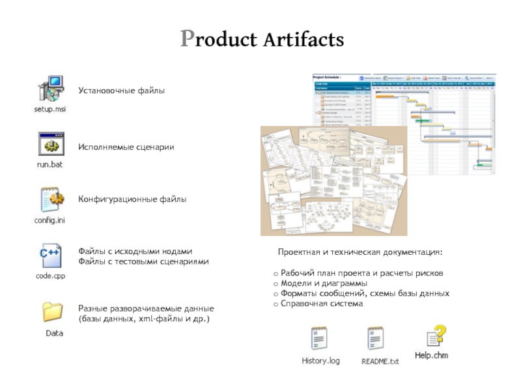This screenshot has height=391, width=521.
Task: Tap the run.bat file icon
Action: point(50,145)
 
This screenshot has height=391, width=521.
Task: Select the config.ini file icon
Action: point(51,200)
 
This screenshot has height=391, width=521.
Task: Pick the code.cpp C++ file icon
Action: point(50,255)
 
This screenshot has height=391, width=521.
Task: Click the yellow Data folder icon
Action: point(53,311)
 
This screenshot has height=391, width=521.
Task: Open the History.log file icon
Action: point(320,340)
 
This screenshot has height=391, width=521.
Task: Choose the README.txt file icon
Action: point(376,340)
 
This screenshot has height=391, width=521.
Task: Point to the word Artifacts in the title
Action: point(303,40)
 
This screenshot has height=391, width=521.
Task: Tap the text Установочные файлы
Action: point(122,90)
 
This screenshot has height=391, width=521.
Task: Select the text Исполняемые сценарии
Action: point(126,147)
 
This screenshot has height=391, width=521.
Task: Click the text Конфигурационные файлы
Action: point(132,199)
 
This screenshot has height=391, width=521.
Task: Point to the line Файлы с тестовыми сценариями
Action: point(143,261)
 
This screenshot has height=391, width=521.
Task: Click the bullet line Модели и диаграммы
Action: point(324,284)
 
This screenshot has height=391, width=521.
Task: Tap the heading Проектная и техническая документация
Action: point(359,252)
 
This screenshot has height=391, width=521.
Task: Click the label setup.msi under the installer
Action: point(50,109)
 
